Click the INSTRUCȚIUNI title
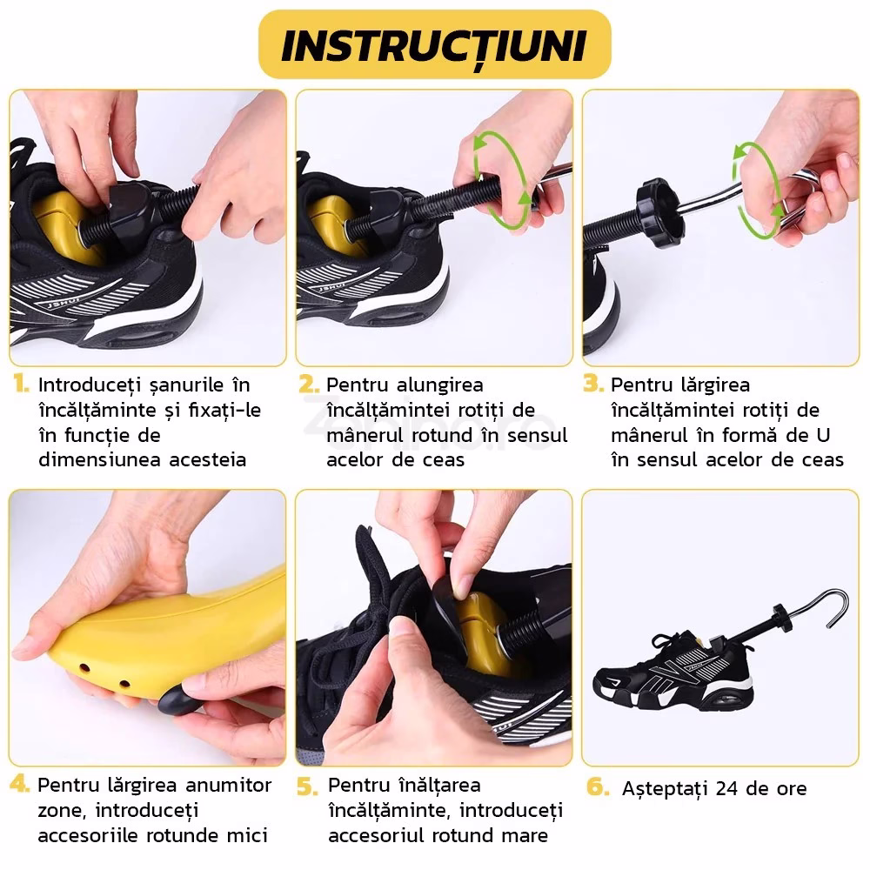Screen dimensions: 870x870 (434, 47)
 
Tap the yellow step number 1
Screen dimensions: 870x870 (21, 384)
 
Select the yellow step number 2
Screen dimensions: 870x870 (309, 384)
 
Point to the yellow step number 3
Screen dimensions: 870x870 (593, 384)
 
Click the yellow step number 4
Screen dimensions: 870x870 (20, 784)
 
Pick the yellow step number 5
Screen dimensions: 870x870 (307, 786)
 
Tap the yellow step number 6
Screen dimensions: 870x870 (598, 786)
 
